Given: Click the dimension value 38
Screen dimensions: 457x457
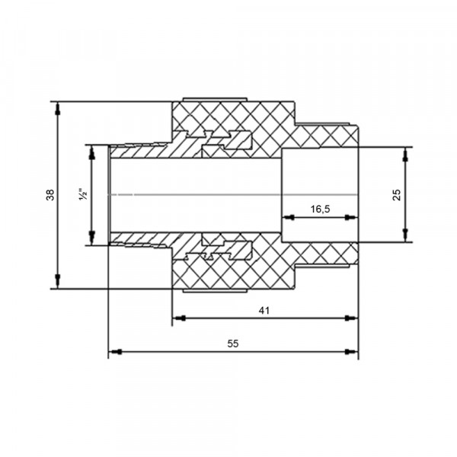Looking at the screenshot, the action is (x=50, y=195).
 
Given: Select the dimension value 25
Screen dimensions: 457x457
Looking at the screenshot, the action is (x=397, y=195).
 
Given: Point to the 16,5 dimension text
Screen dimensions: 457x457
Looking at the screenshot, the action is (x=320, y=209).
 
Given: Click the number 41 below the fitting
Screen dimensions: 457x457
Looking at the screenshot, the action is (x=264, y=311).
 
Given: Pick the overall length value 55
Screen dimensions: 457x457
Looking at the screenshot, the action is (x=233, y=344).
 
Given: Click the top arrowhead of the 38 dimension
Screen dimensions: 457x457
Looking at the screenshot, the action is (x=58, y=108).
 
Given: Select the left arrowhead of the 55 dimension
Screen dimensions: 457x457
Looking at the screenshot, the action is (x=115, y=352).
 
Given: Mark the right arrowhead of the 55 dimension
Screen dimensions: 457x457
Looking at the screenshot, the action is (x=351, y=352).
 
